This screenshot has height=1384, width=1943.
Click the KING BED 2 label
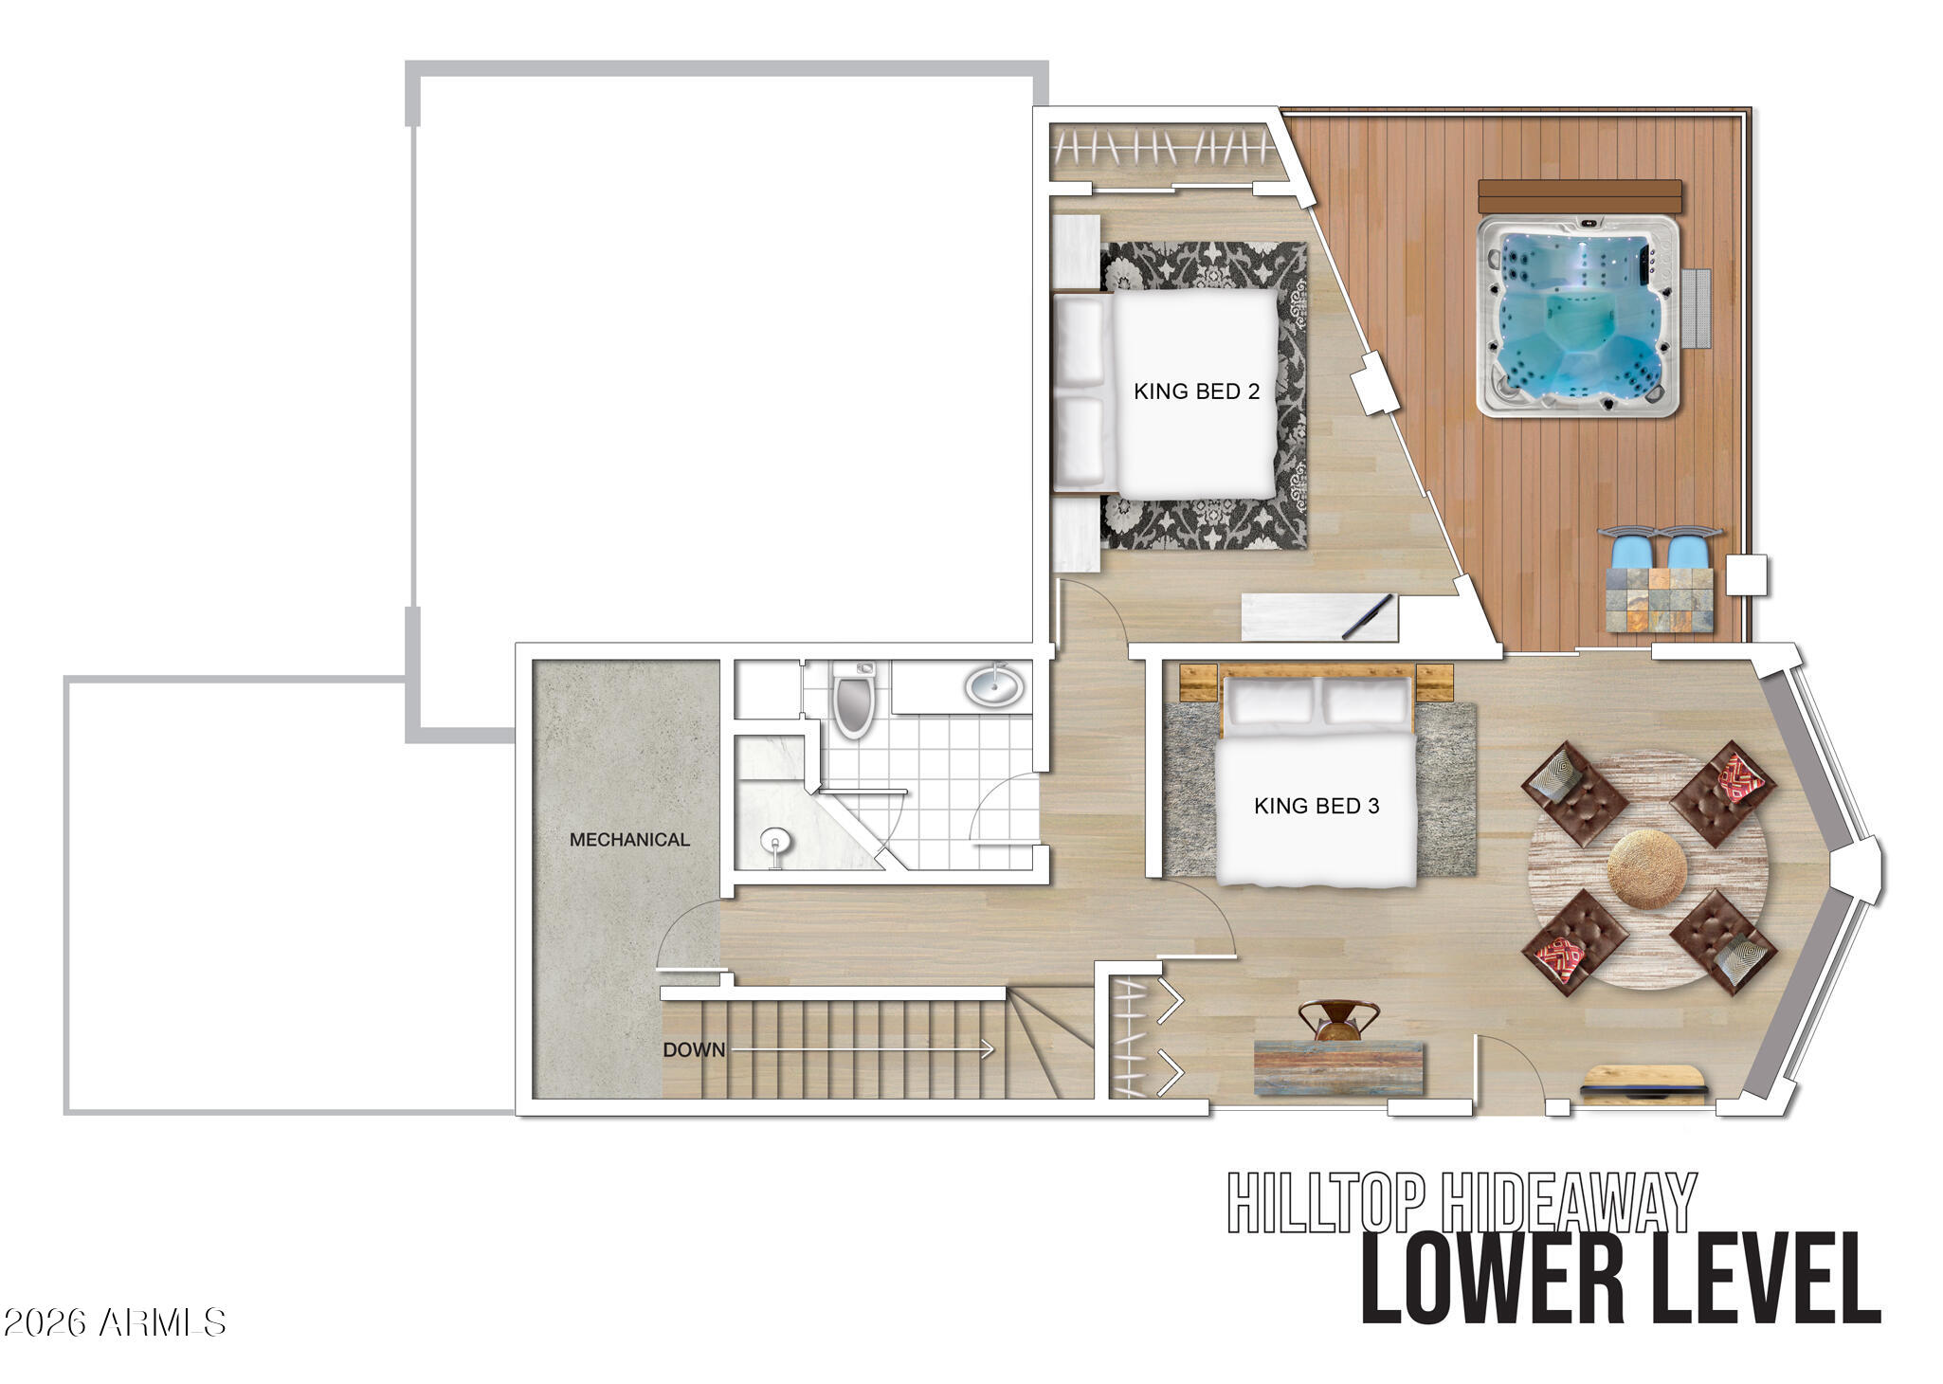click(1196, 392)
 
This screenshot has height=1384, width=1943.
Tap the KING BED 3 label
click(1317, 806)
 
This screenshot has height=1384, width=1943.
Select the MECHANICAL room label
click(629, 840)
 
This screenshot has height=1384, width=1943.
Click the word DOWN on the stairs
click(694, 1049)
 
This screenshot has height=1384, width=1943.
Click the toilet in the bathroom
click(854, 699)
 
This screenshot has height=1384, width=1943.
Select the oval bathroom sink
click(994, 685)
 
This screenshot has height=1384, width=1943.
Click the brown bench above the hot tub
click(1580, 196)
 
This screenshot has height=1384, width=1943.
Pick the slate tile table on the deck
click(1661, 600)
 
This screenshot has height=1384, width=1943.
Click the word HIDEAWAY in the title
click(1568, 1202)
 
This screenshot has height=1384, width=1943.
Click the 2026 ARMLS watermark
click(115, 1322)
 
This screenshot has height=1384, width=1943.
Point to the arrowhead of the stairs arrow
click(989, 1049)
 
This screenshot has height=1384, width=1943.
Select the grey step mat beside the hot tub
click(1697, 310)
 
